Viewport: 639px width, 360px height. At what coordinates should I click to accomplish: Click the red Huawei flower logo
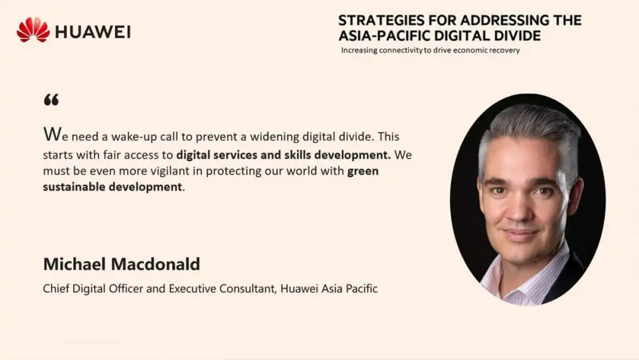[x=33, y=30]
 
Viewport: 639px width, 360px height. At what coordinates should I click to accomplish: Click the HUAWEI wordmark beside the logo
[x=93, y=32]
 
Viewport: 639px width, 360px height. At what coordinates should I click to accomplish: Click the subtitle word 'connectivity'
[x=401, y=50]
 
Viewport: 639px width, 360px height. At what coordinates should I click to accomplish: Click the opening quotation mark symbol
[x=51, y=100]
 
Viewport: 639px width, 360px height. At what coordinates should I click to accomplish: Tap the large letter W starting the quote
[x=52, y=134]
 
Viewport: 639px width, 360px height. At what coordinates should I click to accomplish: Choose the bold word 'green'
[x=363, y=171]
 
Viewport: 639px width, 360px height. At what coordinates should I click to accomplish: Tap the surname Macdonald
[x=156, y=264]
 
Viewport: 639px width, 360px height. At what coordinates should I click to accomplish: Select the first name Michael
[x=75, y=264]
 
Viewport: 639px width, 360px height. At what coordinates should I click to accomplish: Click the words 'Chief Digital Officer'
[x=93, y=288]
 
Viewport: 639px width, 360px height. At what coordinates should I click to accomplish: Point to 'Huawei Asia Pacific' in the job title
[x=329, y=288]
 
